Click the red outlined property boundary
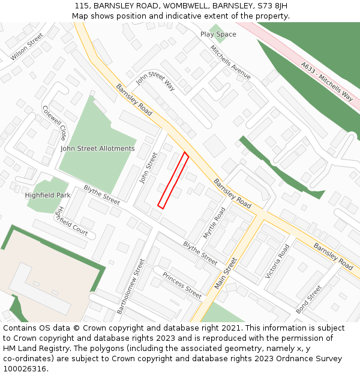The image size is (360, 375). pyautogui.click(x=173, y=181)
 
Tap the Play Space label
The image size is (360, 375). pyautogui.click(x=218, y=34)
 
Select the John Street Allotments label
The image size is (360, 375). pyautogui.click(x=98, y=148)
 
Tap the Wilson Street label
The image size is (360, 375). pyautogui.click(x=27, y=47)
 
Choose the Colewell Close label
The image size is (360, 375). pyautogui.click(x=55, y=122)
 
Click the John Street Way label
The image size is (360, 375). pyautogui.click(x=155, y=82)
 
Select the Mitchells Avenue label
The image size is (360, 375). pyautogui.click(x=230, y=62)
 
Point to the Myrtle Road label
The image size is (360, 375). pyautogui.click(x=214, y=223)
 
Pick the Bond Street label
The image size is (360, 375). pyautogui.click(x=308, y=299)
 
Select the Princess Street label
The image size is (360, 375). pyautogui.click(x=182, y=285)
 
